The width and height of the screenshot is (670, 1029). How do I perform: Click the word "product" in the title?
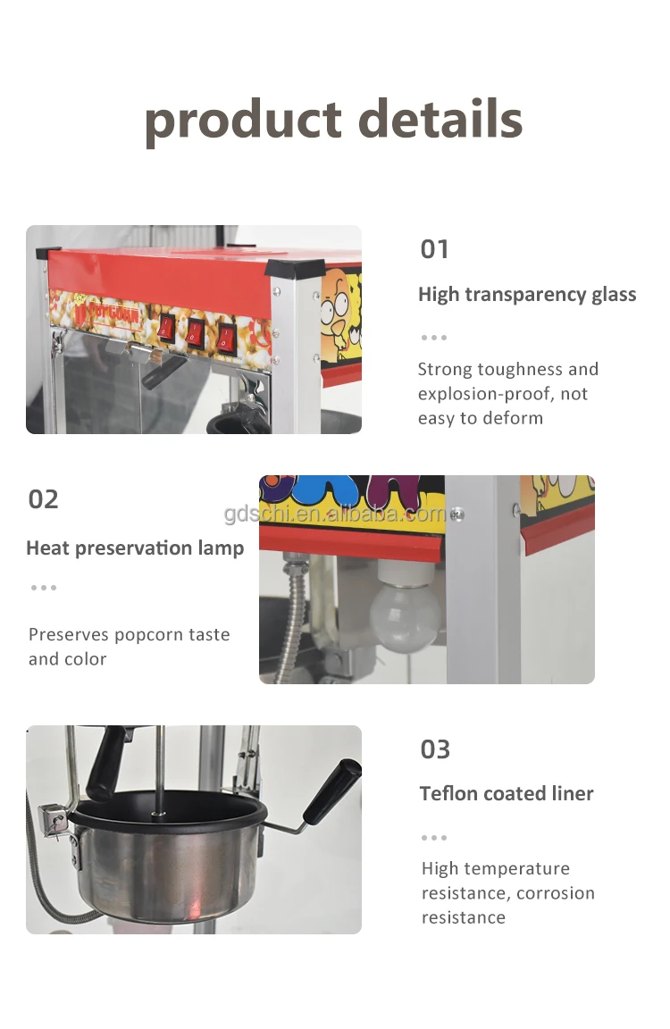click(243, 121)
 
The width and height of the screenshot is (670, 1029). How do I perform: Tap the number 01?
click(434, 249)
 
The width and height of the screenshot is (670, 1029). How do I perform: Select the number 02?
click(43, 499)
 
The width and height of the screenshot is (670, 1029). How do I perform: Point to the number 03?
click(435, 749)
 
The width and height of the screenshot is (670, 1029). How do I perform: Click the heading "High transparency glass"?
click(527, 295)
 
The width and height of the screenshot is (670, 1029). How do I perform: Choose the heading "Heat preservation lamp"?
click(135, 548)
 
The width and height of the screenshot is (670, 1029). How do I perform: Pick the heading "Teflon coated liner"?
click(507, 793)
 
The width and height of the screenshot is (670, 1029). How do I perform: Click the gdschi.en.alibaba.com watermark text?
click(334, 514)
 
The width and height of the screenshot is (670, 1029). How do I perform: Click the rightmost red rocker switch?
click(227, 338)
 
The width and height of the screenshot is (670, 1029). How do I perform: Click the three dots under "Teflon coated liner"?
click(434, 838)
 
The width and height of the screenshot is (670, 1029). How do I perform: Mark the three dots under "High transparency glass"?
click(434, 338)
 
